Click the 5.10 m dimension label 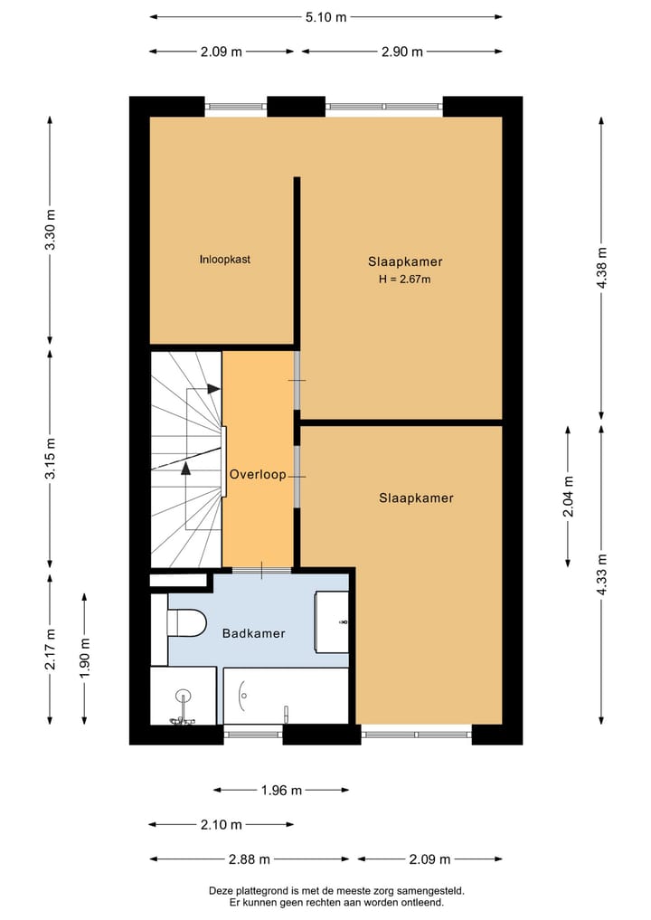tap(325, 17)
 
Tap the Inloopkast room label tap(224, 260)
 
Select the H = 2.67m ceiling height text tap(404, 280)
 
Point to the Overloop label tap(258, 475)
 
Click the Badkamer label tap(253, 633)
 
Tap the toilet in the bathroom tap(186, 622)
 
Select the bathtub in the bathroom tap(287, 696)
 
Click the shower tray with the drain tap(184, 696)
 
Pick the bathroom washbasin tap(332, 622)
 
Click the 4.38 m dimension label tap(602, 267)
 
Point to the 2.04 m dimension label tap(569, 497)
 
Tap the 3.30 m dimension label tap(51, 230)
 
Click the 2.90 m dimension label tap(402, 52)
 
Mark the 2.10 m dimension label tap(222, 825)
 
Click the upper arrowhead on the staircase tap(213, 388)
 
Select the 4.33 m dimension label tap(602, 574)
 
